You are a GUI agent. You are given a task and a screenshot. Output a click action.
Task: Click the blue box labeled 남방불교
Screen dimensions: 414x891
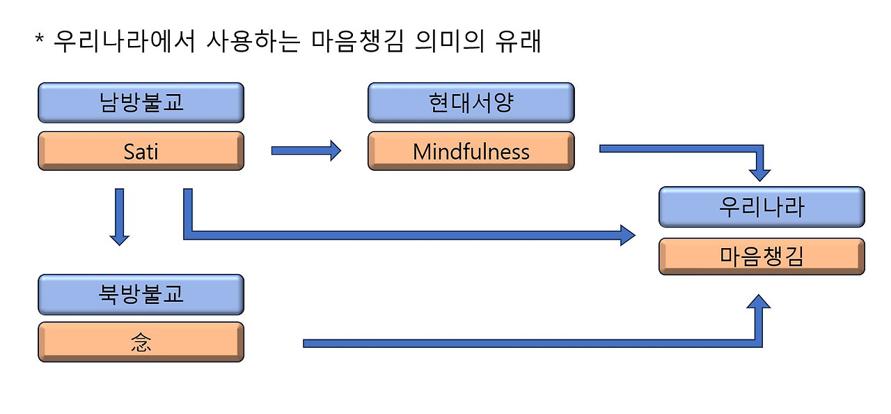click(141, 102)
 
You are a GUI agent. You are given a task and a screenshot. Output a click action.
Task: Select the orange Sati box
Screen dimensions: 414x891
click(141, 151)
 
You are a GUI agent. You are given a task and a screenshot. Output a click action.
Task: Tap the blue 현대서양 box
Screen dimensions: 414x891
click(471, 102)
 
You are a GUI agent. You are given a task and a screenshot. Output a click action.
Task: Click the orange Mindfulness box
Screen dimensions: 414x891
click(471, 151)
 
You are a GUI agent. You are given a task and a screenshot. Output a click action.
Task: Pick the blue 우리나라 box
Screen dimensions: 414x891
click(762, 207)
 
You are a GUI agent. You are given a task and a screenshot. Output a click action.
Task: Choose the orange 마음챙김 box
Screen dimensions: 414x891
click(762, 256)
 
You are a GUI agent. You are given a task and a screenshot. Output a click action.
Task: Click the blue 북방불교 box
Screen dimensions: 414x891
click(141, 294)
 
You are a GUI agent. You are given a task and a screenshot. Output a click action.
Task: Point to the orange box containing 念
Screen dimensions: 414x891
click(141, 342)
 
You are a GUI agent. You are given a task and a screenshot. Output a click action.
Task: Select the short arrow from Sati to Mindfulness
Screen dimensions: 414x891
click(306, 151)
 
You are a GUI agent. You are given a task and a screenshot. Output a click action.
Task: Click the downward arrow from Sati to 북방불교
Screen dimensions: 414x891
click(120, 216)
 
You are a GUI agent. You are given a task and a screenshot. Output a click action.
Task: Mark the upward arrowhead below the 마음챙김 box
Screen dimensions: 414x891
click(761, 302)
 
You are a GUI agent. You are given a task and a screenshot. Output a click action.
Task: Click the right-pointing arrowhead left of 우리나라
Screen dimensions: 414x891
click(626, 234)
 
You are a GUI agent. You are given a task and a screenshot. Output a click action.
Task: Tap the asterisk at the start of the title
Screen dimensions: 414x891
click(40, 39)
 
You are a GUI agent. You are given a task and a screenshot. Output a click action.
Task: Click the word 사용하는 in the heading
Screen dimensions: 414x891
click(254, 41)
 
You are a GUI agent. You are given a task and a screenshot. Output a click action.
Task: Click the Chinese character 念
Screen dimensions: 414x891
click(141, 342)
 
